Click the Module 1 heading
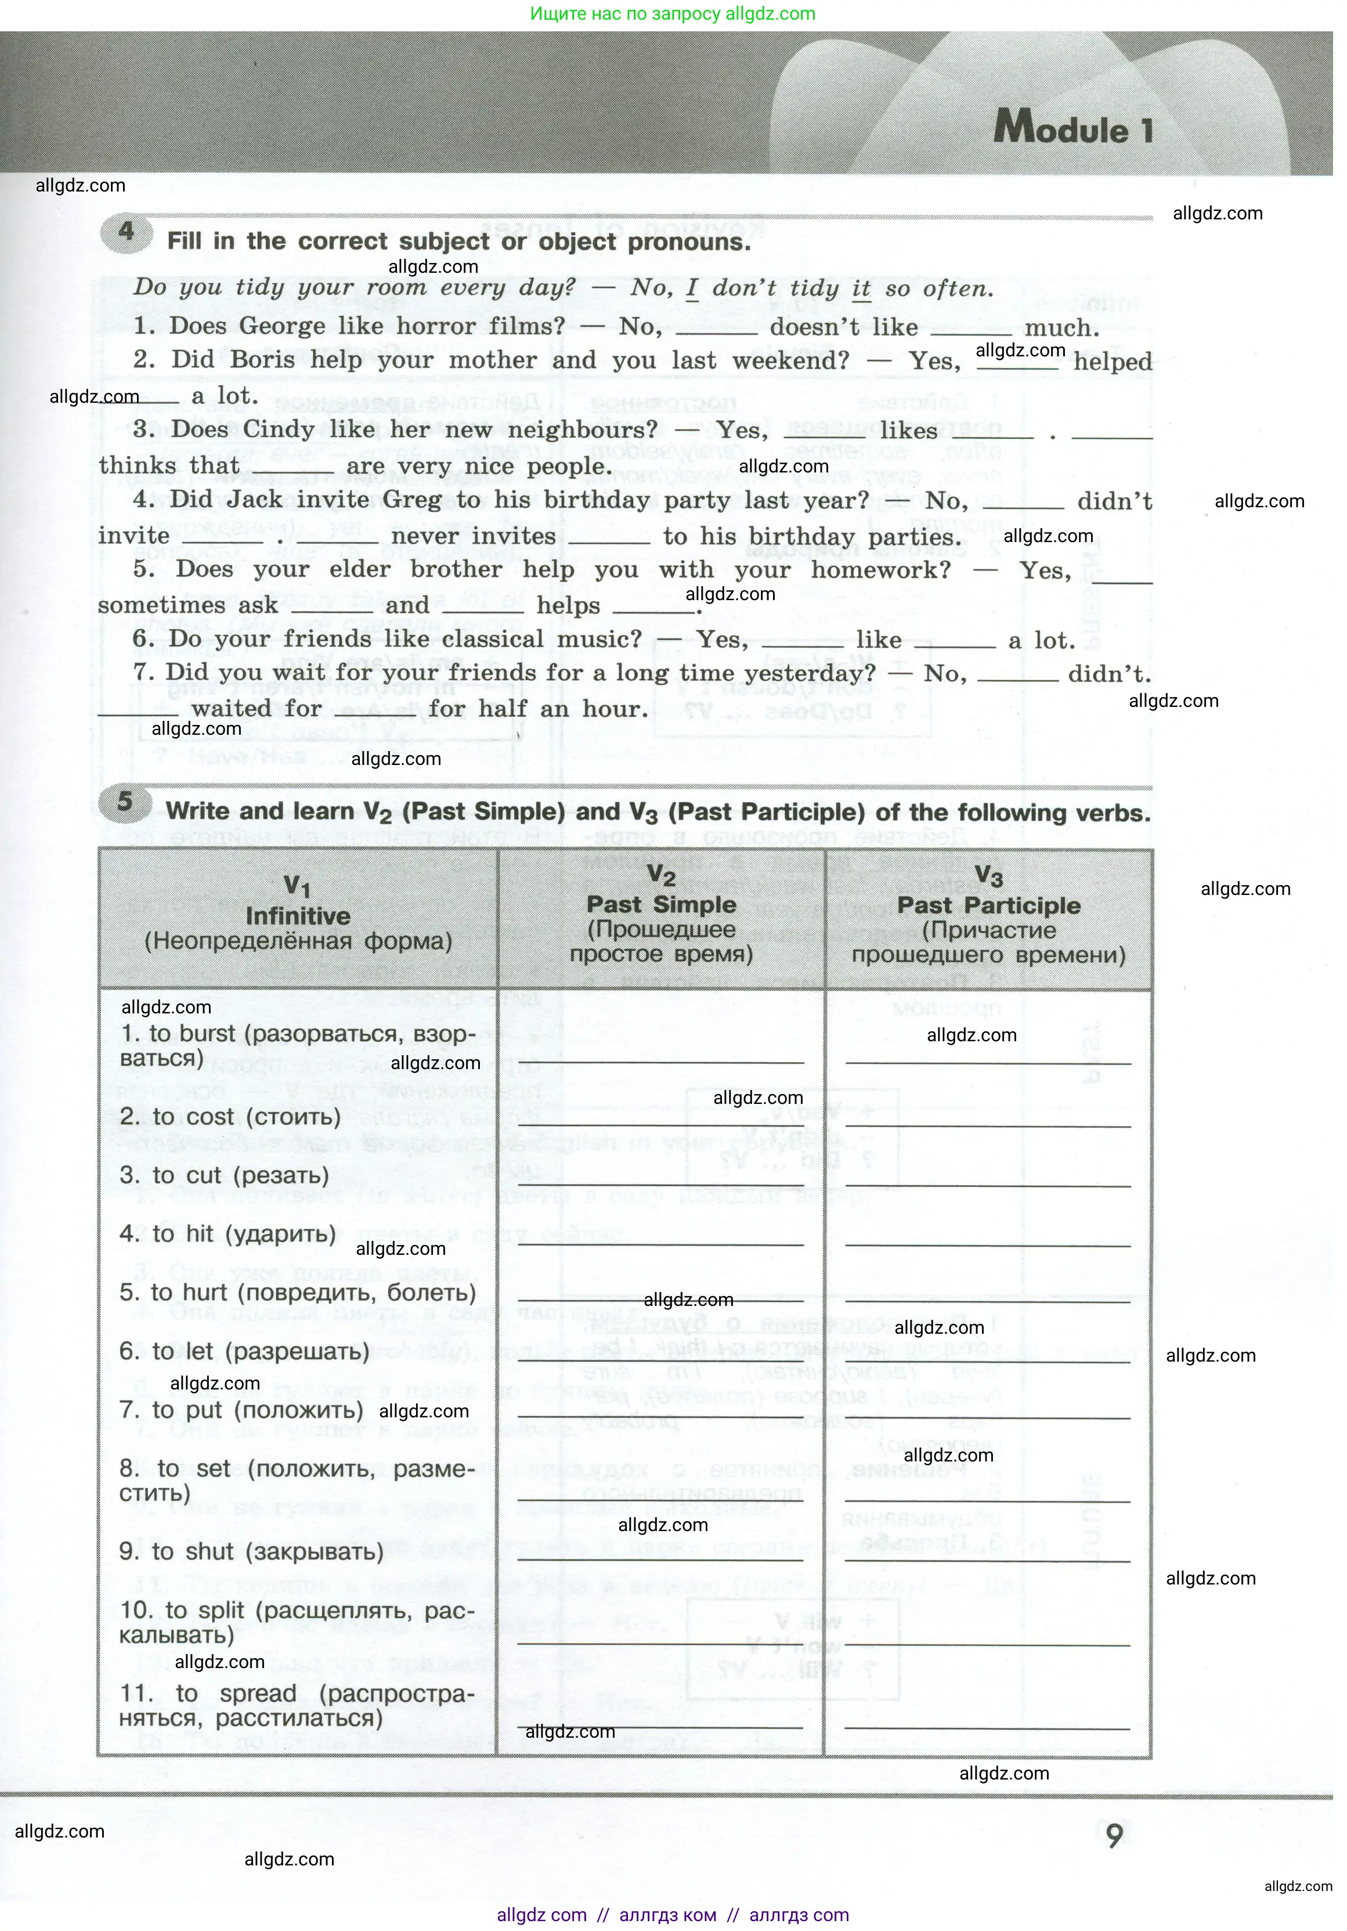pos(1073,129)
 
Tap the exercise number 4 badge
pos(126,231)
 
